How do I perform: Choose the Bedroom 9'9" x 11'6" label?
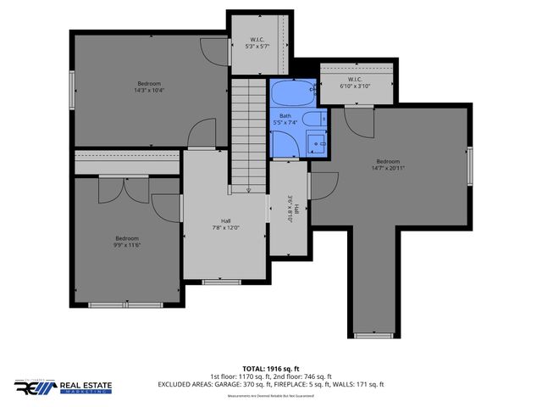tap(127, 242)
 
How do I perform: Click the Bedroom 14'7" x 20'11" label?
tap(389, 164)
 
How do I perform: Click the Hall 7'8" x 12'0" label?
tap(225, 225)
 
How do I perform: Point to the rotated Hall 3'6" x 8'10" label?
tap(289, 208)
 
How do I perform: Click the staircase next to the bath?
tap(248, 131)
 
